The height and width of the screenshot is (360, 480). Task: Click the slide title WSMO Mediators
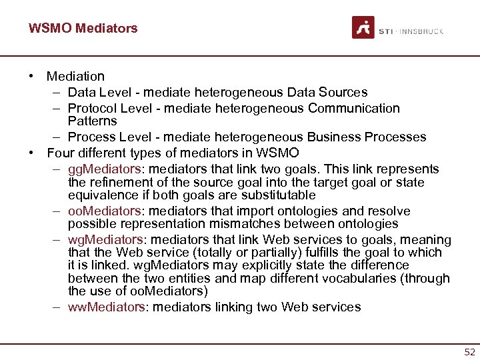coord(83,28)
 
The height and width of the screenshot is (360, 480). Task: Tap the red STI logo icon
coord(363,28)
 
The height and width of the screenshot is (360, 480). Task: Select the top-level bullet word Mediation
coord(75,77)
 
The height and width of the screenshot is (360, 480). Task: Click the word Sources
coord(345,93)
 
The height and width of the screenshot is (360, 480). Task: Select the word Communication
coord(355,108)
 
